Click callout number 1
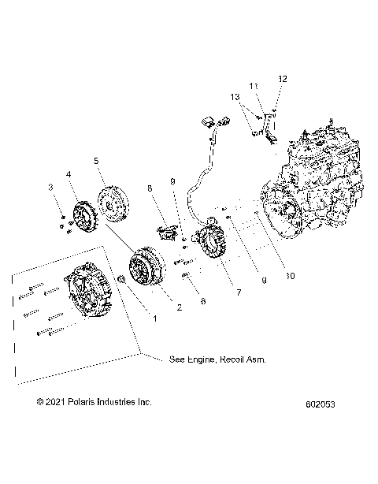point(155,318)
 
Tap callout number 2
point(180,307)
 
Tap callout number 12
point(283,78)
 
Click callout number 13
point(233,96)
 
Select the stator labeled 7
point(213,248)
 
